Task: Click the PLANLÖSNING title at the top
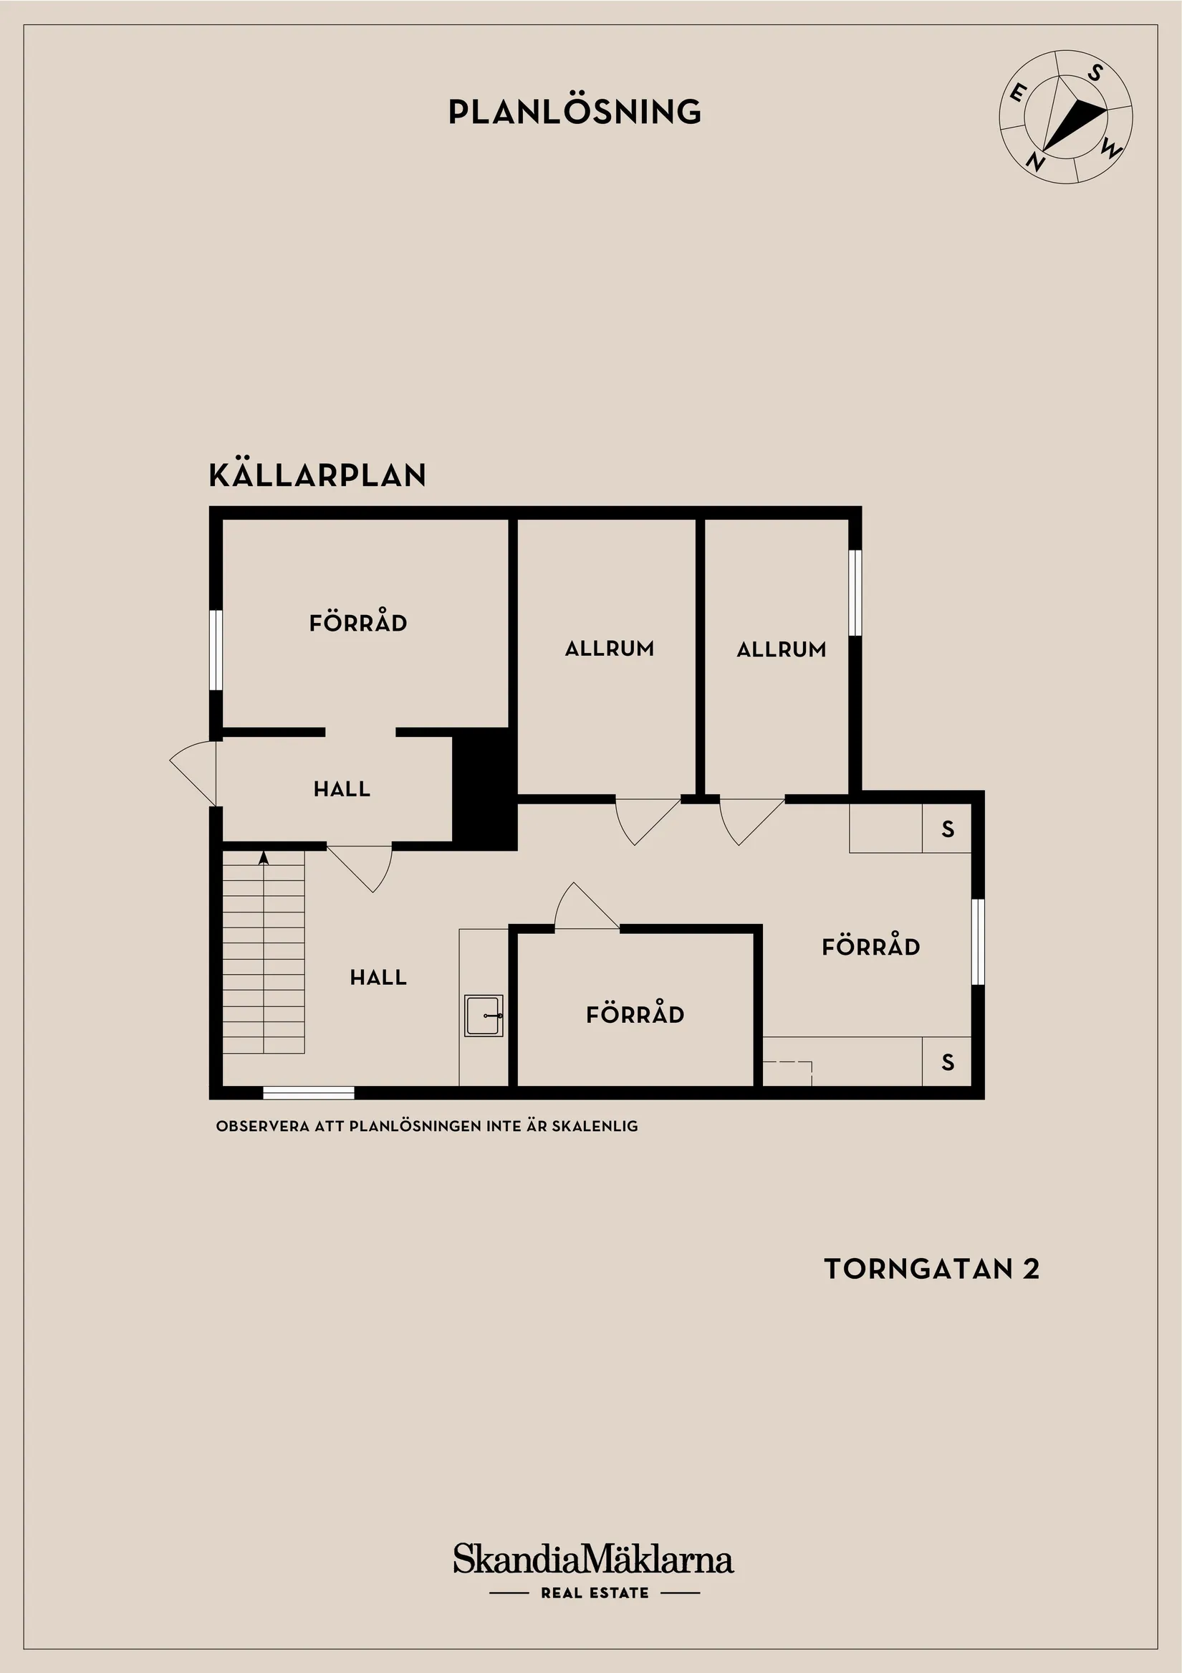[575, 112]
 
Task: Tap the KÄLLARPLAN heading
[317, 475]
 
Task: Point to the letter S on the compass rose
[1095, 73]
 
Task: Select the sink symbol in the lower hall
[484, 1015]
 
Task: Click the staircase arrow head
[264, 857]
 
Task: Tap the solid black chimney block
[484, 788]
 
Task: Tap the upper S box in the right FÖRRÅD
[947, 829]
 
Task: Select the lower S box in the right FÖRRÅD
[947, 1062]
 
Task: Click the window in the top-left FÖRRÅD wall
[216, 649]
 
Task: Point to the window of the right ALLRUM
[855, 592]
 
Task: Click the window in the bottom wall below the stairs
[308, 1092]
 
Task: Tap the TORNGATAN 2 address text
[931, 1269]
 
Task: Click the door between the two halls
[362, 867]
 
